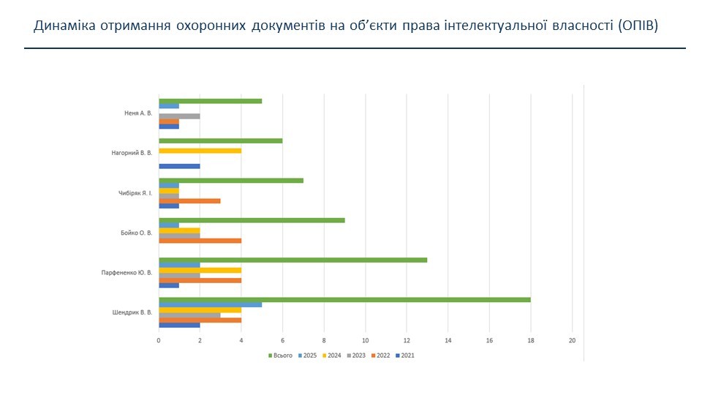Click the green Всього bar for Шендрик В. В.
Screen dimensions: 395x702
click(344, 299)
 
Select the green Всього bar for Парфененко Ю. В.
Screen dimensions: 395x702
click(292, 260)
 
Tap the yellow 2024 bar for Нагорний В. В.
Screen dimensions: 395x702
click(200, 151)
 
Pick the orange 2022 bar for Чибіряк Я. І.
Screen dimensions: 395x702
click(189, 200)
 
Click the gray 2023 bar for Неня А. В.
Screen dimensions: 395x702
click(179, 116)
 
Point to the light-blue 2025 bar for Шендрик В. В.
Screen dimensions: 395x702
click(210, 304)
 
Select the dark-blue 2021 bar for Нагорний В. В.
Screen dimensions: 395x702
click(179, 166)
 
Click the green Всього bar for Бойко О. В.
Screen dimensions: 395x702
click(252, 220)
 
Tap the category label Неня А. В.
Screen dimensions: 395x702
click(138, 113)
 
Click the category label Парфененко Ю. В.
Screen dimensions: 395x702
click(127, 272)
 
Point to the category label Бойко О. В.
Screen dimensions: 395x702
click(137, 233)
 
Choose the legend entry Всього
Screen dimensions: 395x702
click(282, 355)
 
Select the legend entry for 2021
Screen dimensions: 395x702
click(407, 355)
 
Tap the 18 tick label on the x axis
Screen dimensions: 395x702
click(531, 340)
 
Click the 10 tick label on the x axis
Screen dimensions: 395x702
click(365, 340)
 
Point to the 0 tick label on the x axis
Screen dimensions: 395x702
click(159, 340)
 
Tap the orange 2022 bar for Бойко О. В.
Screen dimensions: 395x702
click(200, 240)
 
